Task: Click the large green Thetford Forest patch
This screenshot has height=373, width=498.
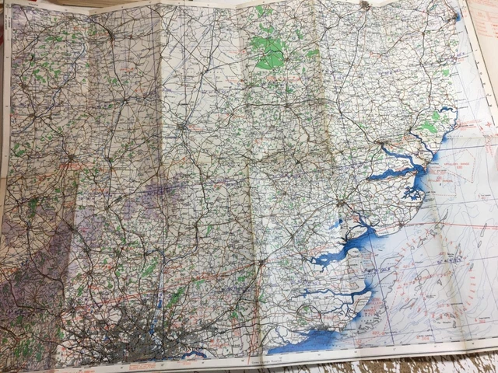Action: tap(268, 51)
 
